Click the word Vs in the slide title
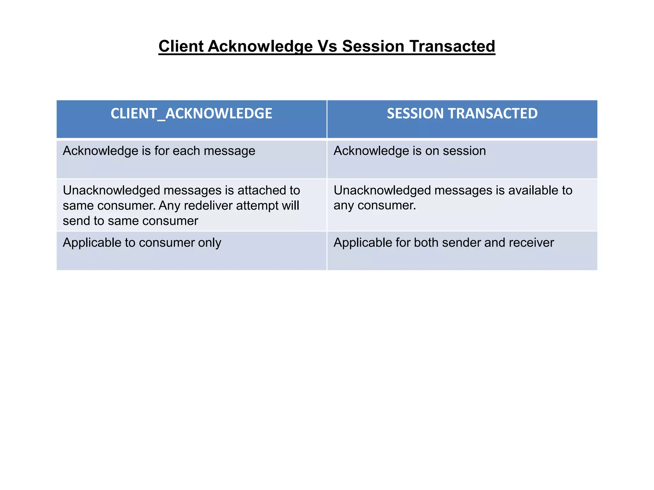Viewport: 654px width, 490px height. (x=327, y=46)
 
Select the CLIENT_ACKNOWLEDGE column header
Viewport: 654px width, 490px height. (x=191, y=114)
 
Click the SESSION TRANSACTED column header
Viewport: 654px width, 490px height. (x=462, y=114)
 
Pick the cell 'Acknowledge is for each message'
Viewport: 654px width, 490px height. (x=159, y=151)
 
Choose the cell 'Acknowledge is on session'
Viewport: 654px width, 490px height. (x=410, y=151)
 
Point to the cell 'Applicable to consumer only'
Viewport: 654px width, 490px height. (x=142, y=243)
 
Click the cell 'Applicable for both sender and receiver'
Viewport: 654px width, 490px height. (x=444, y=243)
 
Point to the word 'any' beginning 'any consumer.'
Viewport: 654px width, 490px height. (x=344, y=206)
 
